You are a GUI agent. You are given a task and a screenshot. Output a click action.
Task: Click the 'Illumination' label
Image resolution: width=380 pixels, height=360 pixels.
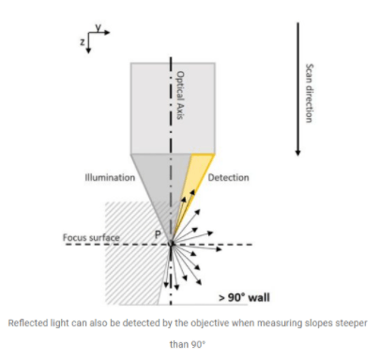click(110, 177)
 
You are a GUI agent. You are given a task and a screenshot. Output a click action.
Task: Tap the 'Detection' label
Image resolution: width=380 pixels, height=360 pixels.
click(229, 177)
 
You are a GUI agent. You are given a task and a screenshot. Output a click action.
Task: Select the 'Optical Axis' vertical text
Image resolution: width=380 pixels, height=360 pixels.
click(180, 96)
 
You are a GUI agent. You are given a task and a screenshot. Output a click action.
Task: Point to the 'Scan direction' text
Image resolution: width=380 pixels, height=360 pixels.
click(309, 93)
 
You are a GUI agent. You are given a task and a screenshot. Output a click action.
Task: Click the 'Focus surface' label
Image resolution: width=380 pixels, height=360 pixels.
click(91, 237)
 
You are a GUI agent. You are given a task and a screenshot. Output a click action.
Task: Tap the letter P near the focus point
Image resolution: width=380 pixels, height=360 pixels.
click(158, 234)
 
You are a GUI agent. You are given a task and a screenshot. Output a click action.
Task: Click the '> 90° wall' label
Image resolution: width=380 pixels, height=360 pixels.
click(244, 297)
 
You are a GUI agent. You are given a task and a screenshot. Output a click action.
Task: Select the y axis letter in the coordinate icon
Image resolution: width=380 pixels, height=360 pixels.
click(99, 27)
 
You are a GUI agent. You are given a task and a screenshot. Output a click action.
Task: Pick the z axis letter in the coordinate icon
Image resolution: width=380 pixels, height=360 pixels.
click(83, 42)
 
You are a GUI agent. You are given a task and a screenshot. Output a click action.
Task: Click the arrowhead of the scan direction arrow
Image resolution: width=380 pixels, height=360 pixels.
click(297, 153)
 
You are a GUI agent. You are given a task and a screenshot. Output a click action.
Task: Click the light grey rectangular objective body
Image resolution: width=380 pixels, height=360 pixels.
click(173, 109)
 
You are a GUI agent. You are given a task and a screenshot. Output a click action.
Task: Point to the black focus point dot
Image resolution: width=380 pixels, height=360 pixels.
click(171, 244)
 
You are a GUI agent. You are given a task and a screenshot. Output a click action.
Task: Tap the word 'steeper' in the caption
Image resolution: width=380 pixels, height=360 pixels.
click(351, 323)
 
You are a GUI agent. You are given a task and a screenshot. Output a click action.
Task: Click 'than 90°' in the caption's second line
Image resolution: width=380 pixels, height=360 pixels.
click(188, 344)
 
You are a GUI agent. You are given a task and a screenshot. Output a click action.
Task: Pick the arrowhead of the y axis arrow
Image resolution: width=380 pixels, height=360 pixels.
click(107, 32)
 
